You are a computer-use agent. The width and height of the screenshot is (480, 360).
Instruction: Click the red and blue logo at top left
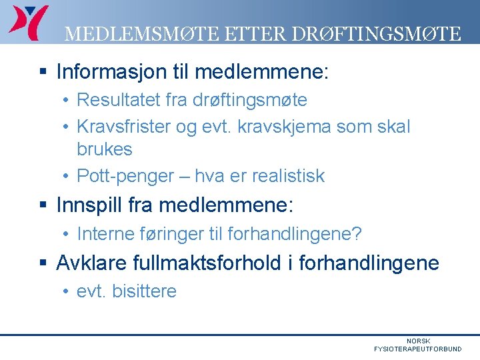pos(28,21)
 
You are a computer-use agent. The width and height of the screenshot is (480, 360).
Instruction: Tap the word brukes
pos(105,149)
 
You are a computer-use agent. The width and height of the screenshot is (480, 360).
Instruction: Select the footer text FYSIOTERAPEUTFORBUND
pos(417,349)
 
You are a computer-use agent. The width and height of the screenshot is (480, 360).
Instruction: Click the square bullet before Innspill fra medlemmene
pos(43,205)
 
